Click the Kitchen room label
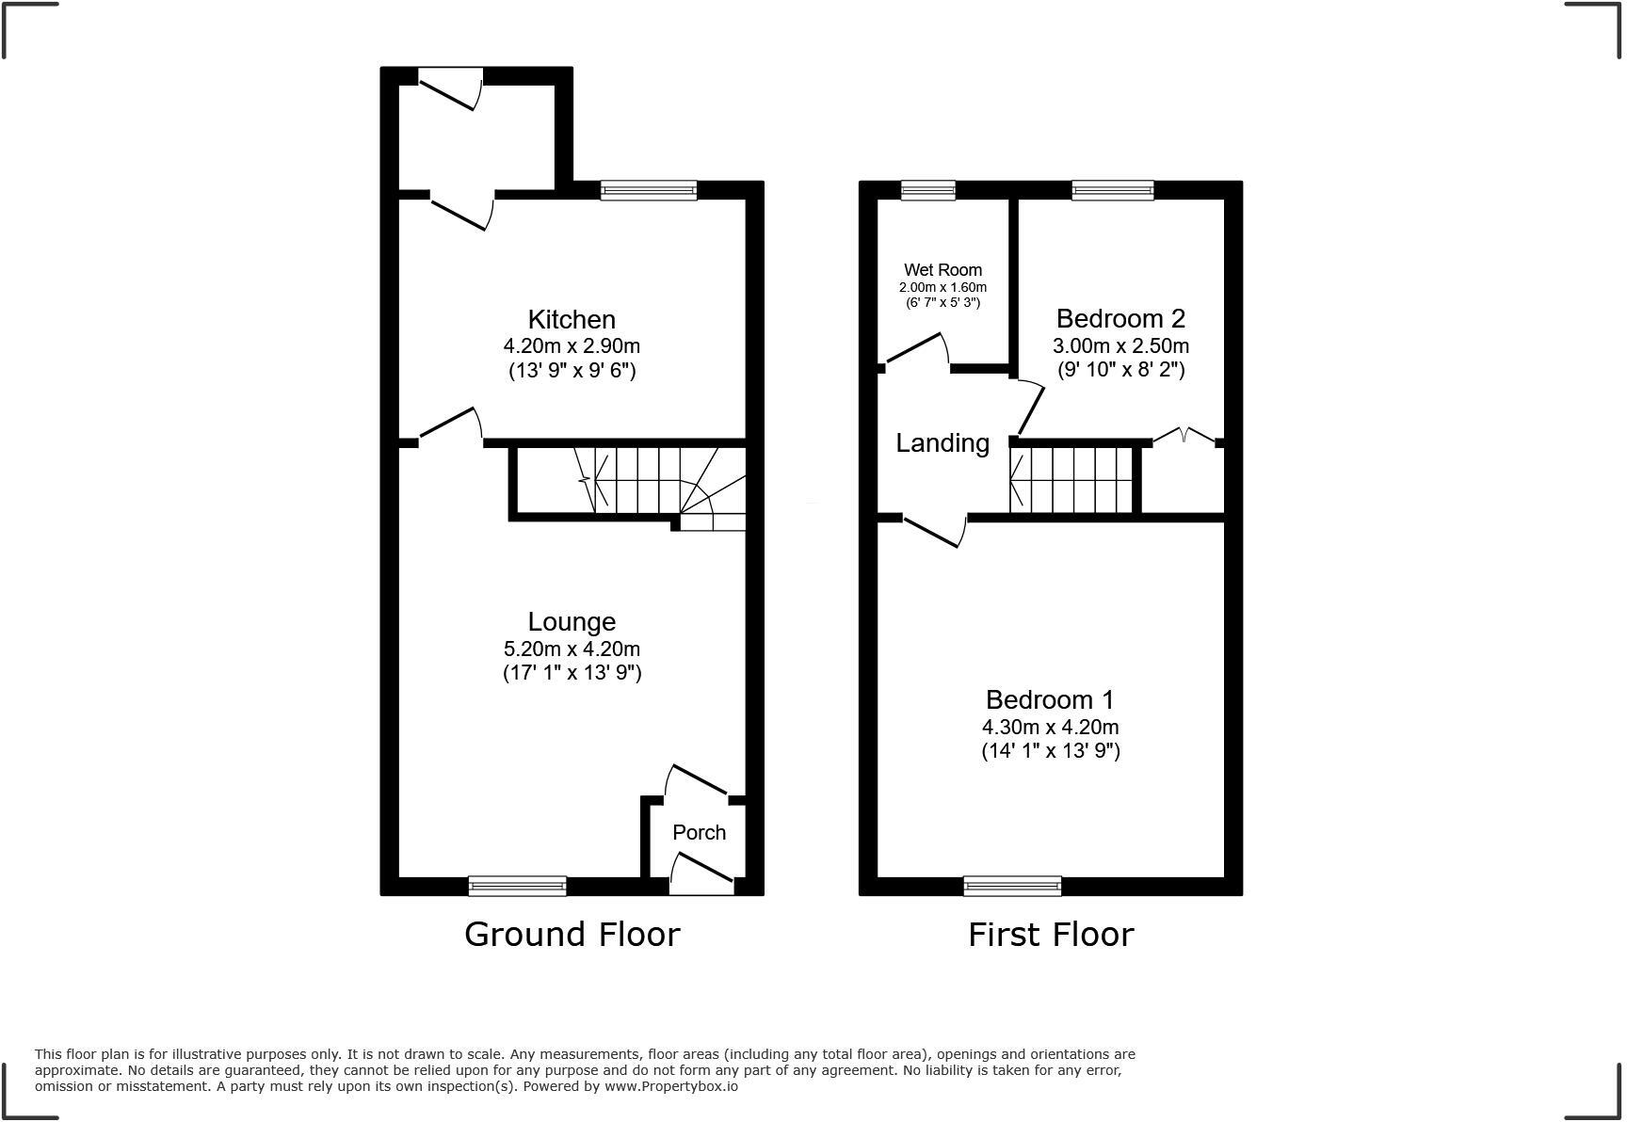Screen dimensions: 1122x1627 (572, 320)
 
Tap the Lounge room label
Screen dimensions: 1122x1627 (572, 622)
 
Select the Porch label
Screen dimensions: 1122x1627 (699, 833)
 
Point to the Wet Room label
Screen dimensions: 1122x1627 (942, 270)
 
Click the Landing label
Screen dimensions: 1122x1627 (942, 443)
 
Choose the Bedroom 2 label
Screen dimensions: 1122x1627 (1120, 319)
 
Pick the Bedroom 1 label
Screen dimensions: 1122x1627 (1050, 700)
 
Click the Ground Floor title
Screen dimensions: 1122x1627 (572, 935)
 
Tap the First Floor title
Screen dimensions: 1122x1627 (1051, 935)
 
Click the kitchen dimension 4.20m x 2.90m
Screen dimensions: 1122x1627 (572, 346)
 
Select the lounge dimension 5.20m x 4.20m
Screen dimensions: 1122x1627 (572, 649)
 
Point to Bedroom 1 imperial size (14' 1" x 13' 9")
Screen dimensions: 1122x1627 (1050, 751)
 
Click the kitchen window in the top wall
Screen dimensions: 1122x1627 (649, 190)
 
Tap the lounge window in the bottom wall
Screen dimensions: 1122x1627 (517, 886)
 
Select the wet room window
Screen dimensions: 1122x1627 (927, 190)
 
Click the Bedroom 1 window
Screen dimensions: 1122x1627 (1012, 886)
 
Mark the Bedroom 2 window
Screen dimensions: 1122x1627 (1112, 190)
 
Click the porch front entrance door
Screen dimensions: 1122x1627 (701, 874)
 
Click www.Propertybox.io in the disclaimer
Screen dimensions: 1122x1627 (671, 1086)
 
